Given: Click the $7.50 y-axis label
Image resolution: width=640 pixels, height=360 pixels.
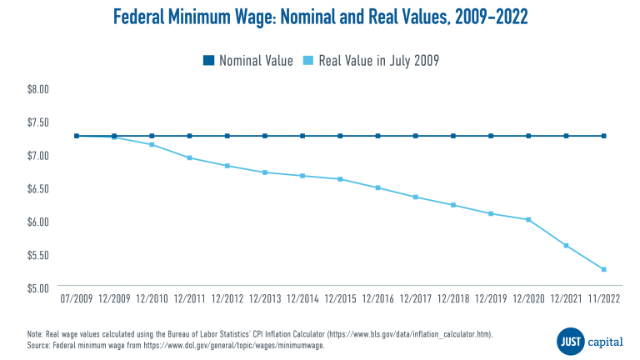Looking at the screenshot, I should pos(40,122).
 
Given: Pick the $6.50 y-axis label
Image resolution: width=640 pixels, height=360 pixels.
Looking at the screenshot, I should pos(40,188).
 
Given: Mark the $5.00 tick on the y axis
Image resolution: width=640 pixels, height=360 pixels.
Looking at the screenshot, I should pos(40,288).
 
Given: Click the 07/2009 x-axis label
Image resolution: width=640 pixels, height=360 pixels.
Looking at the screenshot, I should pos(77,297).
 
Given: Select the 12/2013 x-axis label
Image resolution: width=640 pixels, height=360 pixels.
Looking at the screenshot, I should pos(265,297).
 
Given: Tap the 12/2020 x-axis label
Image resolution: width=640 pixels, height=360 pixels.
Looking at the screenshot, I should pos(528,297).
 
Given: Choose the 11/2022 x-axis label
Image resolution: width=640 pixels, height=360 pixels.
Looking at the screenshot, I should pos(603,297).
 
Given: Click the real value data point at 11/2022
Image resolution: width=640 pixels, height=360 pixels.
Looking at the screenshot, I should pos(603,269).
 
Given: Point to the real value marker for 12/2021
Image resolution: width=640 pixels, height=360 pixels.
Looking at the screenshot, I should pos(566,245).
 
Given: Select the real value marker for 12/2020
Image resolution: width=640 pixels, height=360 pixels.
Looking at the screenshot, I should pos(528,219).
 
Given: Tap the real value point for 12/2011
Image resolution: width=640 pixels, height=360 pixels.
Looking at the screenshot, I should pos(190,157).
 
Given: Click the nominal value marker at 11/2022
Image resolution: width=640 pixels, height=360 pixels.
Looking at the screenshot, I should pos(603,136).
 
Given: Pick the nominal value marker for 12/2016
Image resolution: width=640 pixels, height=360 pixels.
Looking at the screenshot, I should pos(377,136).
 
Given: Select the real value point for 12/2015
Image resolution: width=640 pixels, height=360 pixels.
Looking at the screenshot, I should pos(340,179).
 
